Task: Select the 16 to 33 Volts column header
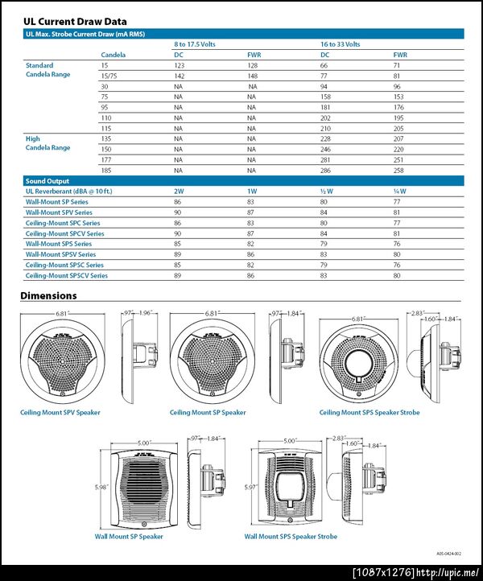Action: pyautogui.click(x=341, y=44)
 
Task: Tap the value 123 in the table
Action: pyautogui.click(x=180, y=65)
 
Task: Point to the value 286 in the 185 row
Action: pyautogui.click(x=325, y=170)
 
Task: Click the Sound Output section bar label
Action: pyautogui.click(x=47, y=181)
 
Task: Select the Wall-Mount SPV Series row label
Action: pyautogui.click(x=58, y=212)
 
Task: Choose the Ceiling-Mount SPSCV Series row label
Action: pyautogui.click(x=66, y=275)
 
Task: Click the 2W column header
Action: pyautogui.click(x=180, y=192)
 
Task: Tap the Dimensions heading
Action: pyautogui.click(x=48, y=295)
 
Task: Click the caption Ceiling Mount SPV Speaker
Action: pyautogui.click(x=60, y=413)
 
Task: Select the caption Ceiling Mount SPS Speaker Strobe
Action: pyautogui.click(x=369, y=413)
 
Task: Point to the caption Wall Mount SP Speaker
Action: pyautogui.click(x=129, y=536)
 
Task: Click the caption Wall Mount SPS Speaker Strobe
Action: pyautogui.click(x=291, y=536)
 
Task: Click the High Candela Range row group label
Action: pyautogui.click(x=41, y=143)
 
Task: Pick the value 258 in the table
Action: pyautogui.click(x=398, y=170)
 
